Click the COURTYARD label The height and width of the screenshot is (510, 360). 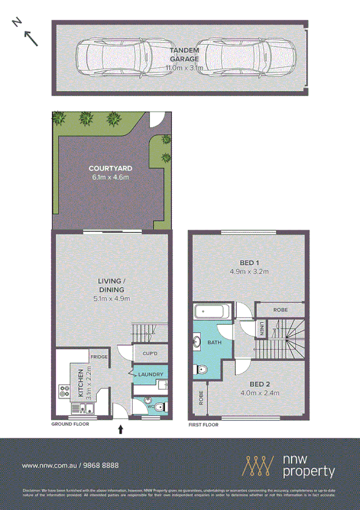[x=110, y=169]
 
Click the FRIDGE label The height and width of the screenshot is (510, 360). [x=99, y=357]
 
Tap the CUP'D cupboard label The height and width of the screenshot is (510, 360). [x=150, y=354]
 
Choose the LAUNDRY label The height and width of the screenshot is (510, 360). [x=151, y=375]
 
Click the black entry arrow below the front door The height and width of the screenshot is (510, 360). [x=121, y=429]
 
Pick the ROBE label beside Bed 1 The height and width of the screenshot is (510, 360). [x=280, y=310]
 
